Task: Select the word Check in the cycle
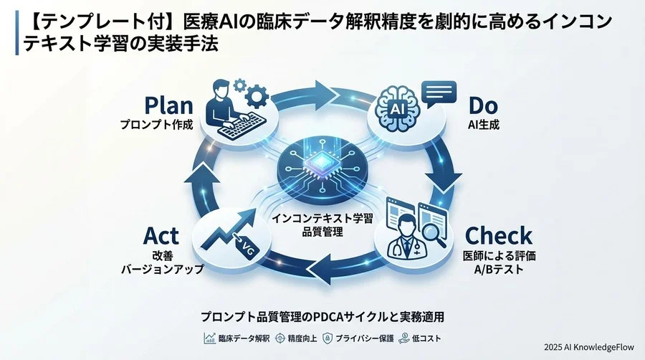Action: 499,235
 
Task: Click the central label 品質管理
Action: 322,231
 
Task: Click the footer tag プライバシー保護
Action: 358,338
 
